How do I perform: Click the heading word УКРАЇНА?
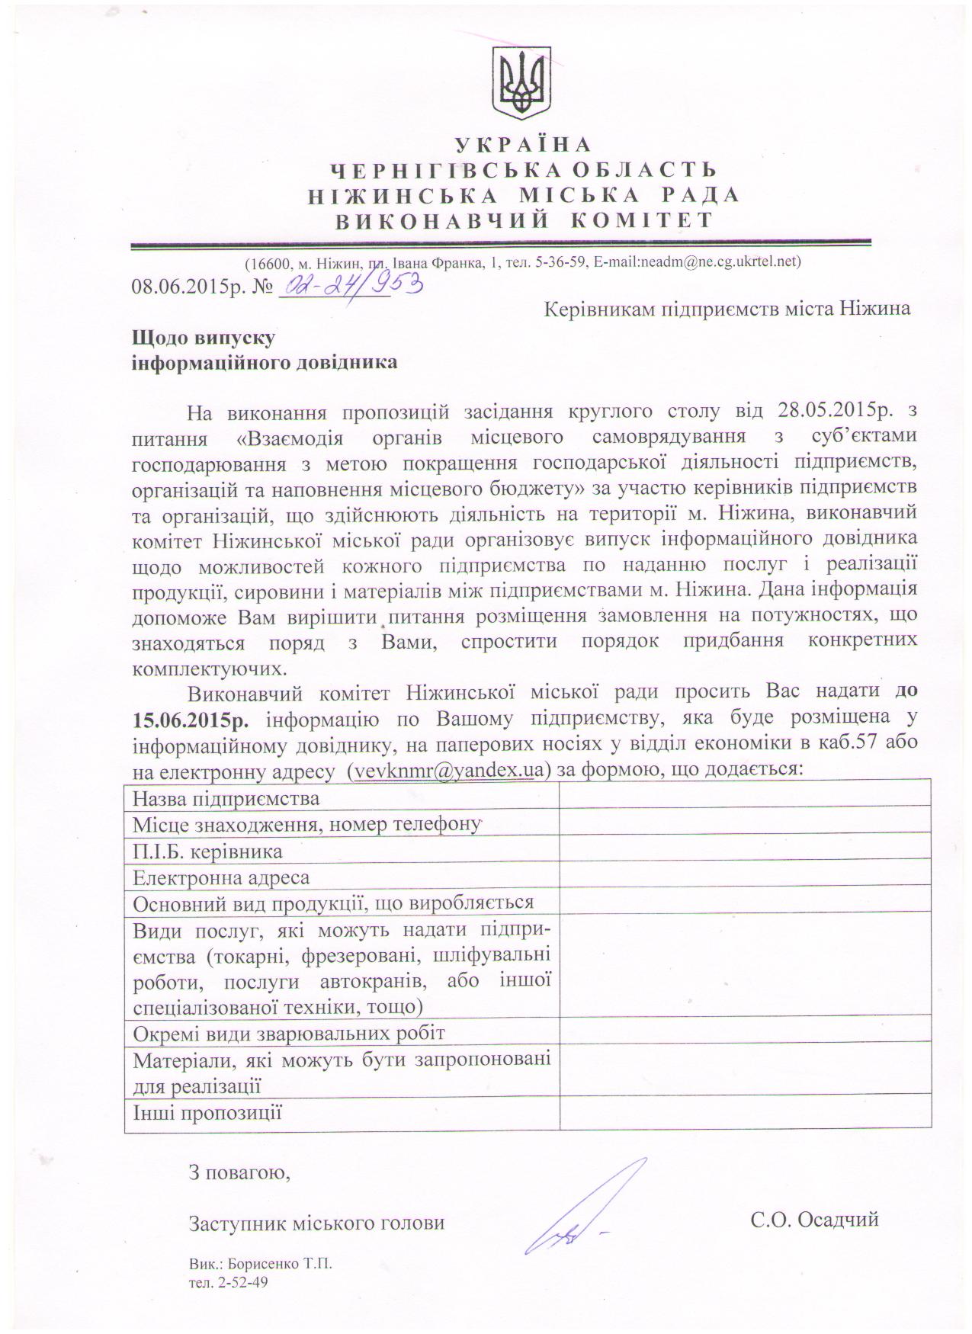coord(522,144)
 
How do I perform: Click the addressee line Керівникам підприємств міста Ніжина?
coord(727,309)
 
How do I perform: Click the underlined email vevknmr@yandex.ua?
coord(449,770)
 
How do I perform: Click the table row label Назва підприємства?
coord(226,798)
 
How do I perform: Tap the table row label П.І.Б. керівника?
coord(207,851)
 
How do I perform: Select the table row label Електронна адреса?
coord(221,877)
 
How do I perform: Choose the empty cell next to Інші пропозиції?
coord(745,1112)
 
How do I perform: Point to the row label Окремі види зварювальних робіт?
coord(289,1033)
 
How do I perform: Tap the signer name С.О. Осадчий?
coord(814,1220)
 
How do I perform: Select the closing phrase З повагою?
coord(239,1172)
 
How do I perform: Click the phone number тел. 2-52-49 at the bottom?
coord(229,1282)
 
